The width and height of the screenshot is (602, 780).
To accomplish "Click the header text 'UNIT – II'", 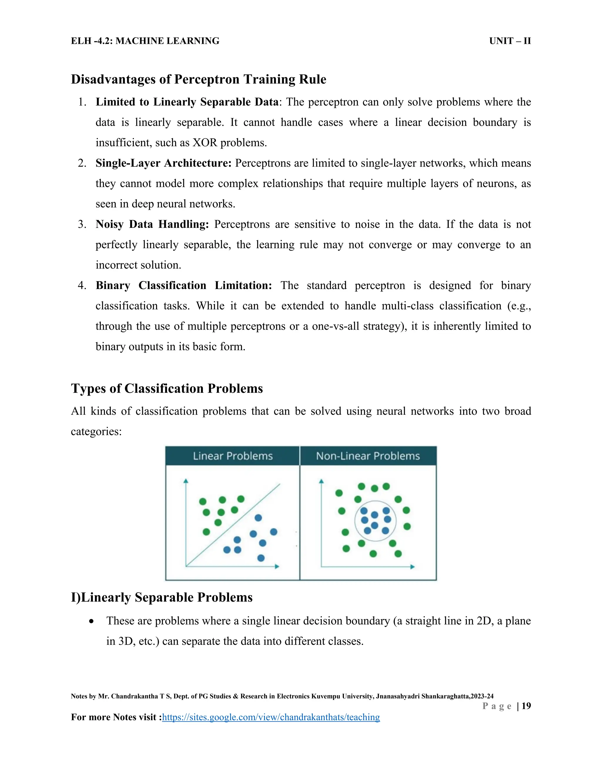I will [x=510, y=41].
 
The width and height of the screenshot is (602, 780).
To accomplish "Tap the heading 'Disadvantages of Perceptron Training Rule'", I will [x=198, y=79].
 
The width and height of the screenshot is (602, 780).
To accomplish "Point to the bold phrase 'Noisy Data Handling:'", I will [x=152, y=224].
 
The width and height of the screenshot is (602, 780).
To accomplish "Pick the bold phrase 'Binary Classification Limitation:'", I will [x=183, y=285].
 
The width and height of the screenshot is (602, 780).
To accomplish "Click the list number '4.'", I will [x=82, y=285].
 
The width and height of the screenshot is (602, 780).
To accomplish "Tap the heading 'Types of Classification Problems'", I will [x=167, y=389].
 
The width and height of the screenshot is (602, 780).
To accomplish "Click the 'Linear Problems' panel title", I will [x=233, y=456].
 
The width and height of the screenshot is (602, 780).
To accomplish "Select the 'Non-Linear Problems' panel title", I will [x=368, y=456].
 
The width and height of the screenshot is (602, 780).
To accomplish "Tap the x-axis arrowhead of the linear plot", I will [x=277, y=566].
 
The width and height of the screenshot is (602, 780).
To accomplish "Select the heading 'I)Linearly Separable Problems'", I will [x=162, y=598].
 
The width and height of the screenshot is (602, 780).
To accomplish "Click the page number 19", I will [x=526, y=706].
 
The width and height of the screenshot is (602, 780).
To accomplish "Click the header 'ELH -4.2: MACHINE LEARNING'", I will [x=145, y=41].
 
